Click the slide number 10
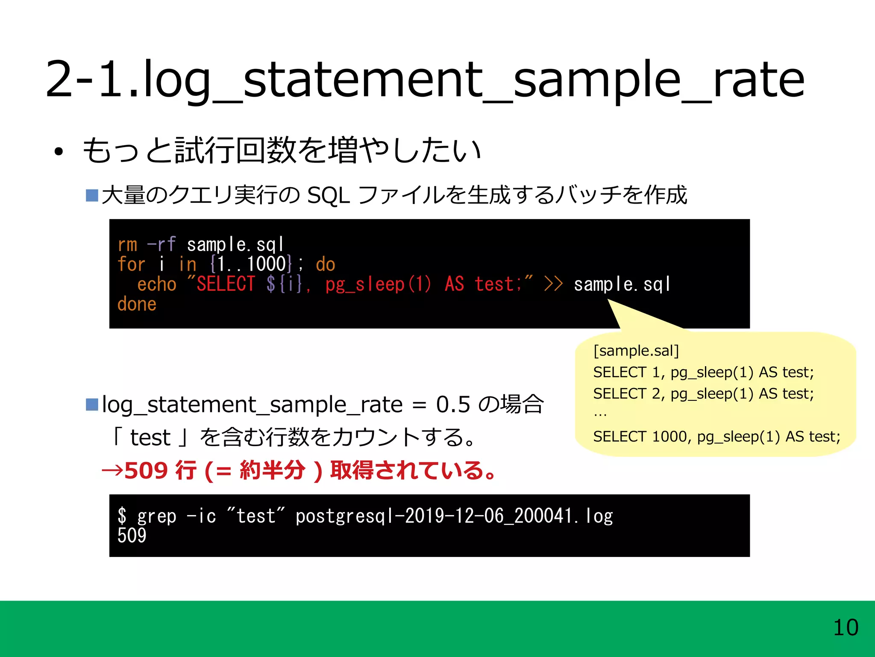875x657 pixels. click(846, 627)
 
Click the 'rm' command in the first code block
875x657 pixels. click(127, 245)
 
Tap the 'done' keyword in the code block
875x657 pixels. click(137, 304)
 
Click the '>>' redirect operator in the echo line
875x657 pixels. click(553, 284)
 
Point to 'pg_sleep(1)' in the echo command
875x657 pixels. click(378, 284)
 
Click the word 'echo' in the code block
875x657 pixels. click(157, 284)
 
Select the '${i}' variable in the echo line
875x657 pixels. click(284, 284)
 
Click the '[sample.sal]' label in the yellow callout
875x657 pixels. click(636, 351)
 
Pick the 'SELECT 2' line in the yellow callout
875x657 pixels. click(703, 394)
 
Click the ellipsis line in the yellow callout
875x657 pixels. click(600, 414)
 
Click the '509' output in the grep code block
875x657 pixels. click(132, 536)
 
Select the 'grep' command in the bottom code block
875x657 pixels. click(156, 516)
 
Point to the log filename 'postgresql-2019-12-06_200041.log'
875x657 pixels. click(454, 516)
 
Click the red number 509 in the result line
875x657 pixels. click(146, 471)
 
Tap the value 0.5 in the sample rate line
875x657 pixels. click(453, 404)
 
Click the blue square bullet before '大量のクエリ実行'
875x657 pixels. click(92, 195)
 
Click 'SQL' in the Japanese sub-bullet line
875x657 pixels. click(328, 195)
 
